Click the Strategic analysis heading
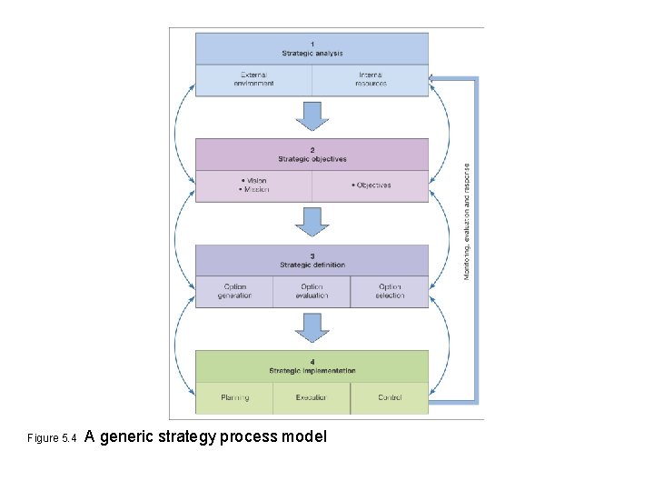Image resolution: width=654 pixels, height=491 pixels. coord(312,49)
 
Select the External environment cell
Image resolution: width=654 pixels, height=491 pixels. coord(254,79)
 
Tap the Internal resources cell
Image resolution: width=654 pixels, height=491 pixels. coord(371,79)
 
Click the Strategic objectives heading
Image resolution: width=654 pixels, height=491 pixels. coord(312,155)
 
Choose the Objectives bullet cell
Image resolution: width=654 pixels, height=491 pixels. coord(371,185)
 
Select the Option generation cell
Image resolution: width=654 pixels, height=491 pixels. coord(234,291)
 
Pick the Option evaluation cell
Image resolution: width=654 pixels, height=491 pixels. coord(312,291)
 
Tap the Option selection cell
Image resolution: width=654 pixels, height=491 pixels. coord(390,291)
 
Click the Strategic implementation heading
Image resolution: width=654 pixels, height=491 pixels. coord(312,366)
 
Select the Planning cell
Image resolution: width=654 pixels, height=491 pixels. coord(234,397)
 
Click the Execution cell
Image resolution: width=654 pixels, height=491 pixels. coord(312,397)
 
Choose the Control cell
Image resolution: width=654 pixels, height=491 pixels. coord(390,397)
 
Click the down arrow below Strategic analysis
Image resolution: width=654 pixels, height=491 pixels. coord(312,115)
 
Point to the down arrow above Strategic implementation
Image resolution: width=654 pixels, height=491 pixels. coord(312,327)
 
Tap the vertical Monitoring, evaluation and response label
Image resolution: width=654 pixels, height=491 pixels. coord(467,221)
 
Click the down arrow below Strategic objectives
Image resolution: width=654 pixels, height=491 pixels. coord(312,221)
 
